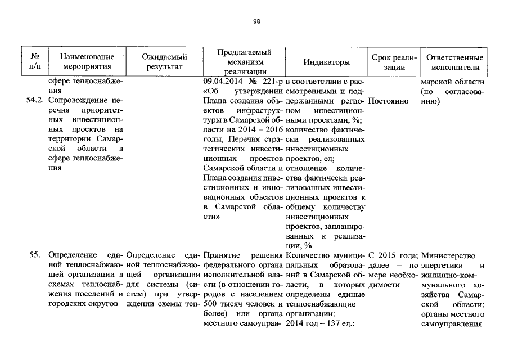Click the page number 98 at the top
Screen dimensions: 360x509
coord(256,21)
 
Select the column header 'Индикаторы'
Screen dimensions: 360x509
coord(326,61)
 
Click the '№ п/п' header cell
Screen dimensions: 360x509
coord(35,61)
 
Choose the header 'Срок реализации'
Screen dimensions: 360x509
coord(394,61)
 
